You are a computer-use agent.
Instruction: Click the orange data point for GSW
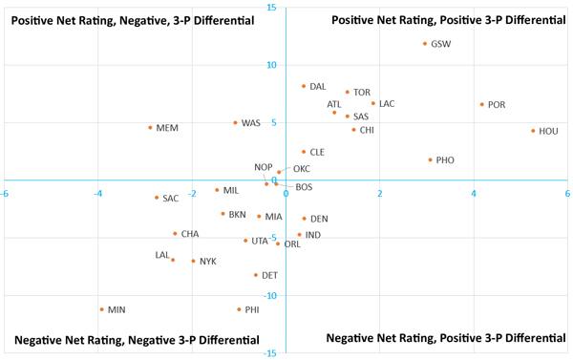[x=425, y=44]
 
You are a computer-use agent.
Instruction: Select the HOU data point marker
[x=533, y=131]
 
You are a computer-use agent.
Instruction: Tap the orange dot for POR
[x=482, y=105]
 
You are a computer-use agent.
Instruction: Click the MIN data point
[x=101, y=309]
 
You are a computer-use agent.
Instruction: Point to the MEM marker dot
[x=150, y=128]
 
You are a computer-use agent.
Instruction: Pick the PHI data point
[x=239, y=309]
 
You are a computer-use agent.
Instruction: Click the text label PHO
[x=445, y=160]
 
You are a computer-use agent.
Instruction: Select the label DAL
[x=318, y=87]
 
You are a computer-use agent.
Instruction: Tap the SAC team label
[x=170, y=199]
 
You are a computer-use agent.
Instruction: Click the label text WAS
[x=250, y=123]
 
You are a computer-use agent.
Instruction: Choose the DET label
[x=269, y=276]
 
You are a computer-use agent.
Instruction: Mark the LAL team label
[x=161, y=255]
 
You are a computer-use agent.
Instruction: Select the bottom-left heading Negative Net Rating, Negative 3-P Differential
[x=137, y=340]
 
